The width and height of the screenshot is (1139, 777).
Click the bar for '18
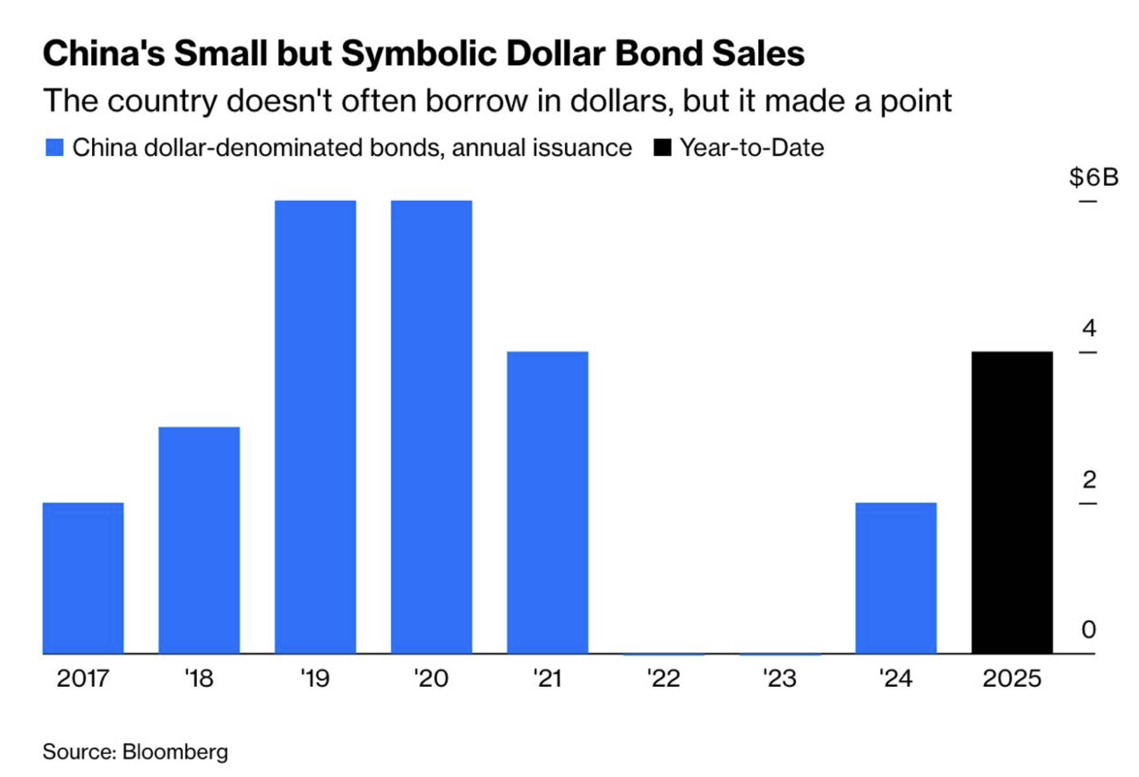(x=199, y=540)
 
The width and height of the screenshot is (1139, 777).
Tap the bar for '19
(x=315, y=427)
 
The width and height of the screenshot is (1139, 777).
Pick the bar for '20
(x=431, y=427)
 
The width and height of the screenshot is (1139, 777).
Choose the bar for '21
(x=548, y=502)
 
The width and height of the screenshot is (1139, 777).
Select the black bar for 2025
(x=1012, y=502)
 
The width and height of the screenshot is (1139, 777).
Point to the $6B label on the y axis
(x=1094, y=177)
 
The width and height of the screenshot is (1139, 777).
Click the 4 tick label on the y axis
(x=1089, y=327)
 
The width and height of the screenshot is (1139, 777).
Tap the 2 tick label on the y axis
(x=1089, y=479)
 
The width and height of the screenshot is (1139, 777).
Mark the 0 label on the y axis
(x=1089, y=629)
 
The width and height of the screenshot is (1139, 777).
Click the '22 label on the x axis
(x=664, y=679)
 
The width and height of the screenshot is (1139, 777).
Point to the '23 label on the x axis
(x=780, y=679)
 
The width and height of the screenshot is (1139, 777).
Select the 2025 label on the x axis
(x=1012, y=679)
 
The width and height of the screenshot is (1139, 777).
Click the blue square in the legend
(x=54, y=148)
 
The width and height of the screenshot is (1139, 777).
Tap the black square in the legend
(x=662, y=148)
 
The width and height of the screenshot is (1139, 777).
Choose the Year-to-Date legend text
(x=752, y=148)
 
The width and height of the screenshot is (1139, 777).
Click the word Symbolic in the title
(x=419, y=53)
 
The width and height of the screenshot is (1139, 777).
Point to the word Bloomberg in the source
(x=175, y=751)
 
